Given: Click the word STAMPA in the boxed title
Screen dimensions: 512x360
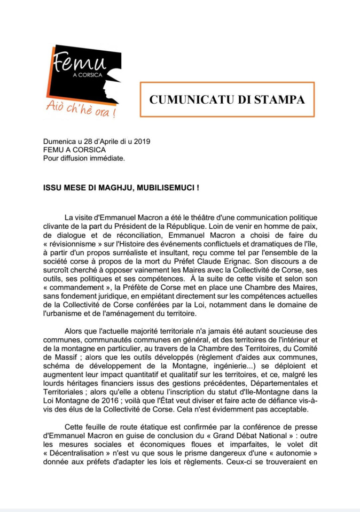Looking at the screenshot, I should coord(282,99).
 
